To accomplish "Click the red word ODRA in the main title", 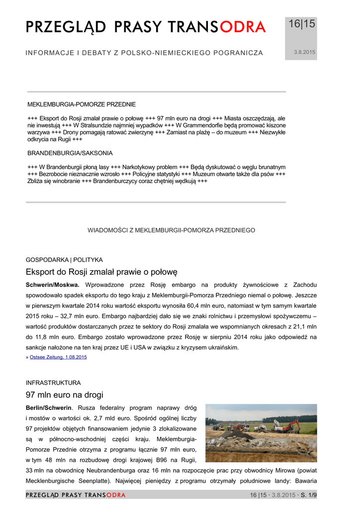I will tap(243, 28).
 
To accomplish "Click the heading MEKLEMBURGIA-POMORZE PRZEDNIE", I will tap(82, 105).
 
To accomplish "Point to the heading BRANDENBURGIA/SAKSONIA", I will tap(70, 153).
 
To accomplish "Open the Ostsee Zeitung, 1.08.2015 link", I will tap(58, 357).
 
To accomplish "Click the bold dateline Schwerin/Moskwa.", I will tap(53, 285).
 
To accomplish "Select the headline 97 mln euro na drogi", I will tap(65, 395).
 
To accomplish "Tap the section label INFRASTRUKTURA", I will tap(53, 383).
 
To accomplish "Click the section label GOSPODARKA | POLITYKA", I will tap(64, 259).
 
